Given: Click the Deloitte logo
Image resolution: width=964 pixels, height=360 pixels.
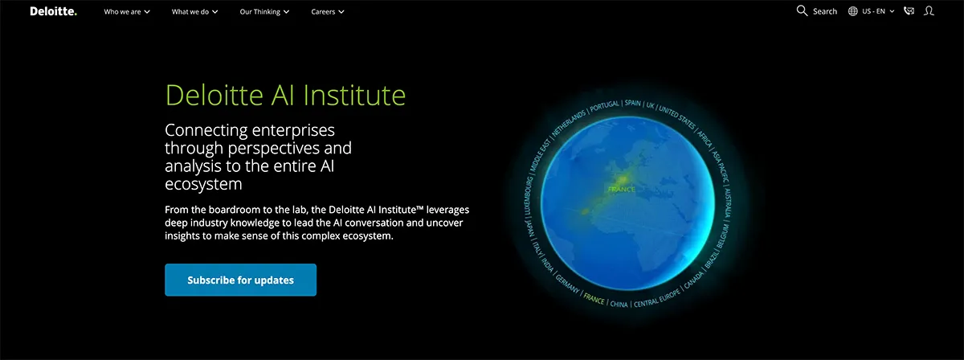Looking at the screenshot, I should pos(53,11).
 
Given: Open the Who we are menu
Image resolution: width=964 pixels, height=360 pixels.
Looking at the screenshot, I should pos(127,12).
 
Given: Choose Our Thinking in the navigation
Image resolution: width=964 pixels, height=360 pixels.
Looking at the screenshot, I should pos(264,12).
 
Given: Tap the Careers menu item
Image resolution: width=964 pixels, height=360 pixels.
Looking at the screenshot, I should pos(328,12).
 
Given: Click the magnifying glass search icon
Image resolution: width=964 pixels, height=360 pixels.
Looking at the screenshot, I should pos(801,11).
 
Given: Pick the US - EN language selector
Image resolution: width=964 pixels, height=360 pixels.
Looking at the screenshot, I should pos(872,12).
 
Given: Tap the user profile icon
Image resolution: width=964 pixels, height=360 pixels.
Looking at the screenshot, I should pos(929,11).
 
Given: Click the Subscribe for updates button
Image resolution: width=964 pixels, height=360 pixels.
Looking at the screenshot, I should pos(240,280).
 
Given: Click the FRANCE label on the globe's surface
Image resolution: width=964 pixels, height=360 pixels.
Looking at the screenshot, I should pos(621,189).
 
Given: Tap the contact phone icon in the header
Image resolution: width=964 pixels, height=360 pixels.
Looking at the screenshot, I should pos(909,11).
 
